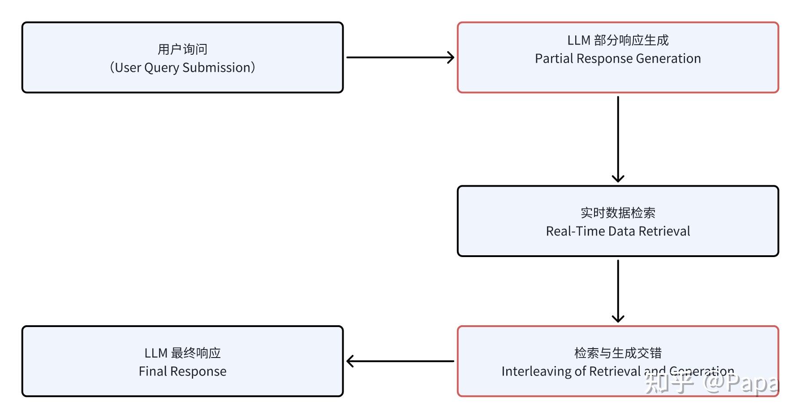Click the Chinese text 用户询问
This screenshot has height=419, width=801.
182,49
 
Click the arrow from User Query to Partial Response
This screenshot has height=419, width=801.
400,57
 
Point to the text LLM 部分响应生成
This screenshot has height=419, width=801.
618,40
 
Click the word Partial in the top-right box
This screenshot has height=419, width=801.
554,59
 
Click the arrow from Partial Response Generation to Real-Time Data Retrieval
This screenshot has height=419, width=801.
618,139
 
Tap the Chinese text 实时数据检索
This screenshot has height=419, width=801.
618,213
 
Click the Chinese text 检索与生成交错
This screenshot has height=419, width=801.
618,353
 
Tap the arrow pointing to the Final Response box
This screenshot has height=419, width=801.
400,361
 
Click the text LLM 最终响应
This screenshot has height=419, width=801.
182,353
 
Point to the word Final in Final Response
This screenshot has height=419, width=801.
152,371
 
